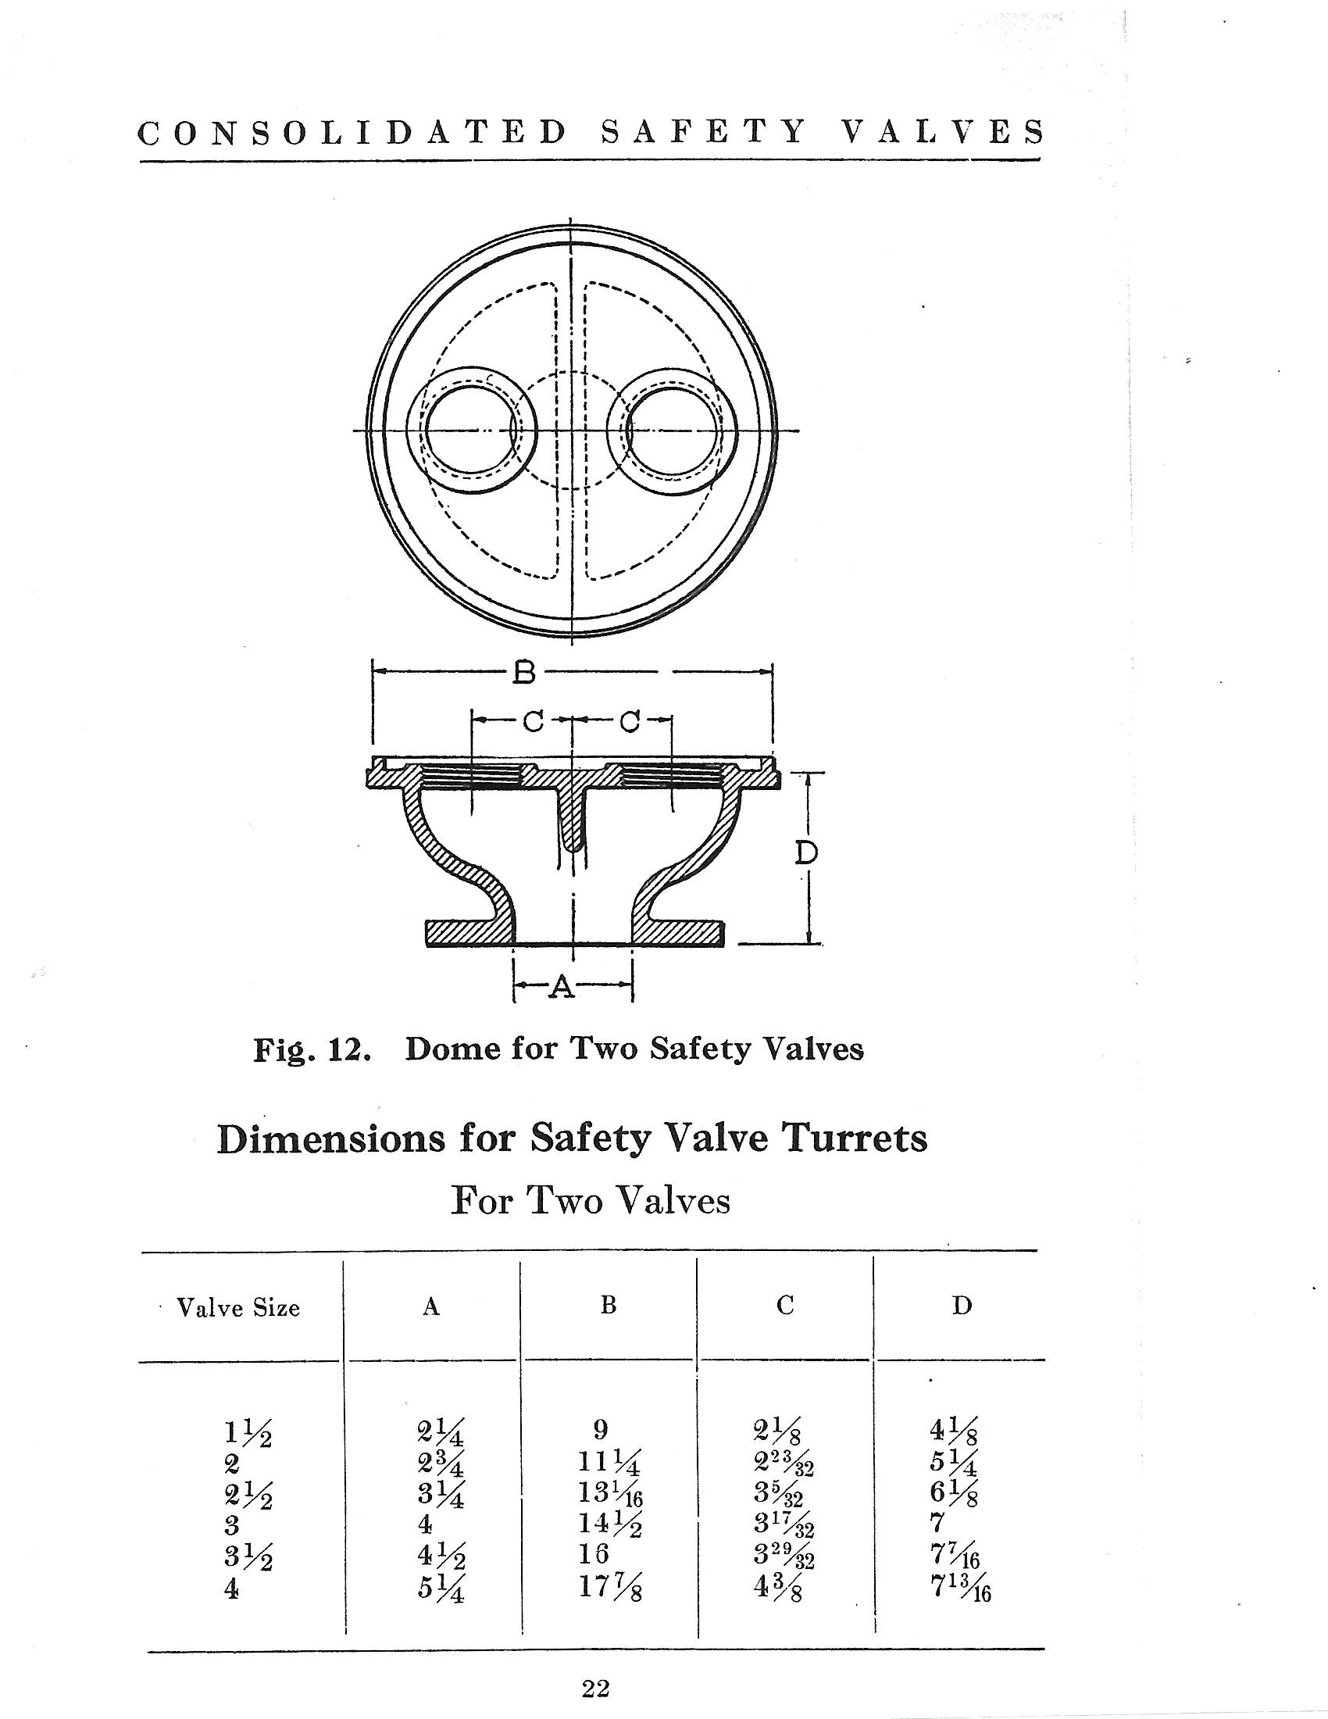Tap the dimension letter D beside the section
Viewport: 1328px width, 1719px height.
pyautogui.click(x=805, y=853)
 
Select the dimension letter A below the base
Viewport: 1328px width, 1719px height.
pyautogui.click(x=560, y=985)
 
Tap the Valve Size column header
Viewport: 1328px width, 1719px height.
pyautogui.click(x=238, y=1307)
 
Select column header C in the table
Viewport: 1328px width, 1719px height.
pyautogui.click(x=784, y=1306)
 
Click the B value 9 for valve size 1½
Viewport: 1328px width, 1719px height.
pyautogui.click(x=599, y=1428)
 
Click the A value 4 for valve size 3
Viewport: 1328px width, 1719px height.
pyautogui.click(x=426, y=1524)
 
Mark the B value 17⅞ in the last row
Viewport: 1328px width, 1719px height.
pyautogui.click(x=612, y=1589)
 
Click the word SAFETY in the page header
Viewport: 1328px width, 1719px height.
pyautogui.click(x=702, y=132)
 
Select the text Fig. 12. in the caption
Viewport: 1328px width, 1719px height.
pyautogui.click(x=312, y=1050)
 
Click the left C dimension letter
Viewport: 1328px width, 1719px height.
pyautogui.click(x=534, y=720)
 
